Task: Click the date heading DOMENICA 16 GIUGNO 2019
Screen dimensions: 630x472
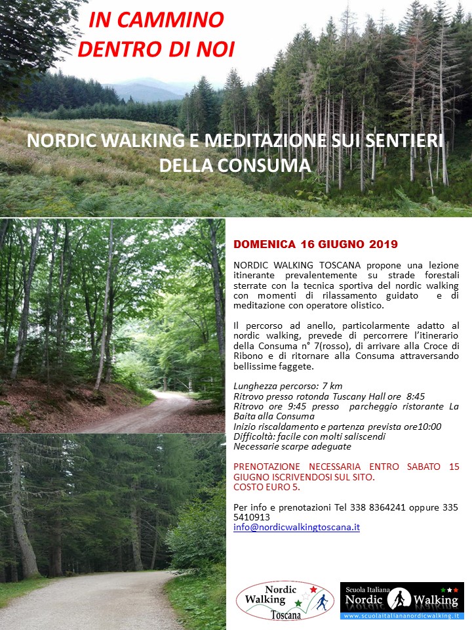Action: (315, 244)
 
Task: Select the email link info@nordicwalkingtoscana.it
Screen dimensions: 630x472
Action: (296, 527)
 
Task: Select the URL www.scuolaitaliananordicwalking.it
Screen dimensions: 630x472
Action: (402, 616)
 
